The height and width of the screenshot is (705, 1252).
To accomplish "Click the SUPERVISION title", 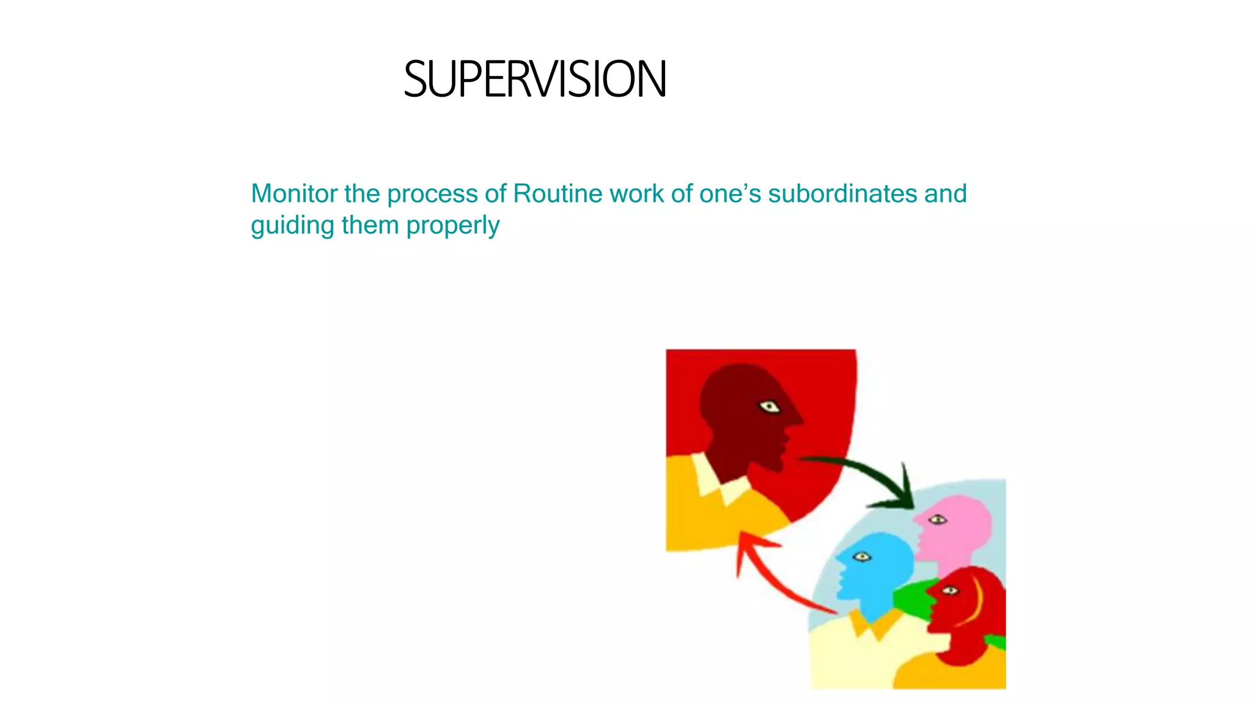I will (x=534, y=80).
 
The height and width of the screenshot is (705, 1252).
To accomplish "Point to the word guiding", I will (x=292, y=226).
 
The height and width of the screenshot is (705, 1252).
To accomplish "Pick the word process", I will (x=432, y=194).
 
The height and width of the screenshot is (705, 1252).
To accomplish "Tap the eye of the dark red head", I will (x=769, y=407).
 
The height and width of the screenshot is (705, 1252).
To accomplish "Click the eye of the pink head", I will (x=937, y=520).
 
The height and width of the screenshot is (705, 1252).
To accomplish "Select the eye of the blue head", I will (x=862, y=556).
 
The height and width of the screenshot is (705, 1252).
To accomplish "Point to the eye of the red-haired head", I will (x=949, y=591).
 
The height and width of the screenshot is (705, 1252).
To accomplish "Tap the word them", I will (x=370, y=226).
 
